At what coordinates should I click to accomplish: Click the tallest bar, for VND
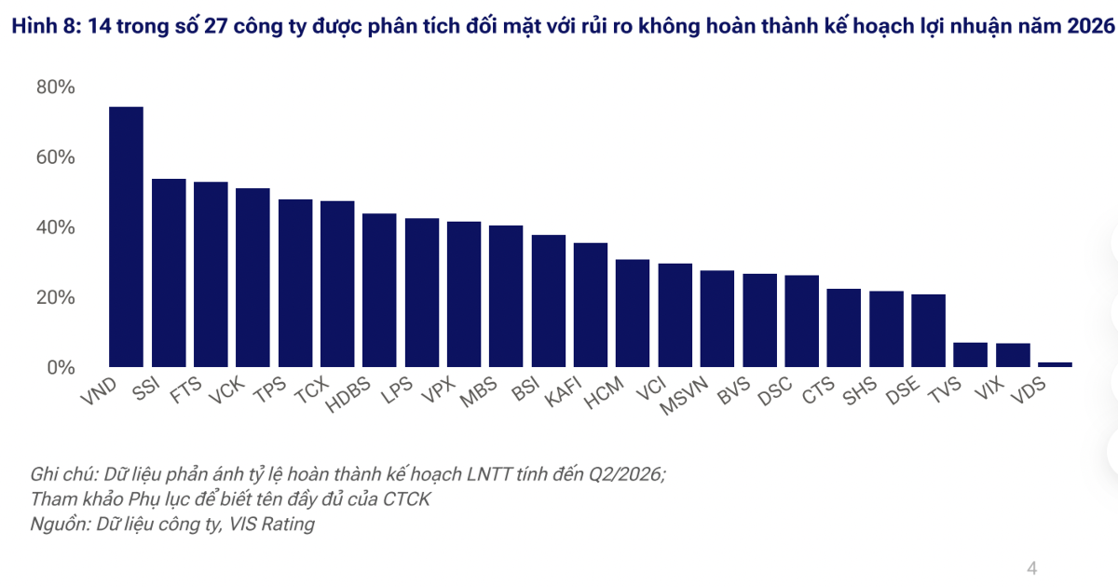(127, 237)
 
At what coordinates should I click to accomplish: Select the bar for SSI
(169, 273)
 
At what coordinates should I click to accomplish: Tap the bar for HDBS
(379, 291)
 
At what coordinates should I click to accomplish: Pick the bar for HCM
(633, 313)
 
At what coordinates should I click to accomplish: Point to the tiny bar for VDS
(1055, 365)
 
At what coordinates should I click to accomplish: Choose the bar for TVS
(970, 355)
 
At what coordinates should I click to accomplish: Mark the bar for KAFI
(591, 305)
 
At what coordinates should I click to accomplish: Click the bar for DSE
(928, 331)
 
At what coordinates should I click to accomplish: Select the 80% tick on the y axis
(55, 87)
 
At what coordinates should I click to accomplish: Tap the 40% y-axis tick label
(55, 227)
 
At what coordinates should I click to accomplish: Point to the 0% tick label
(61, 368)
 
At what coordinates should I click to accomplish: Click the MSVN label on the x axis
(684, 395)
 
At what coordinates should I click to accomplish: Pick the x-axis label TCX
(312, 389)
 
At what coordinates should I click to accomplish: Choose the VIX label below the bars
(988, 389)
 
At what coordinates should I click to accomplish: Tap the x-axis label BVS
(734, 390)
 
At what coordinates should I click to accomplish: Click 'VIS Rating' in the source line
(271, 524)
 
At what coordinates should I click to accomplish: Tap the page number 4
(1031, 568)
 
